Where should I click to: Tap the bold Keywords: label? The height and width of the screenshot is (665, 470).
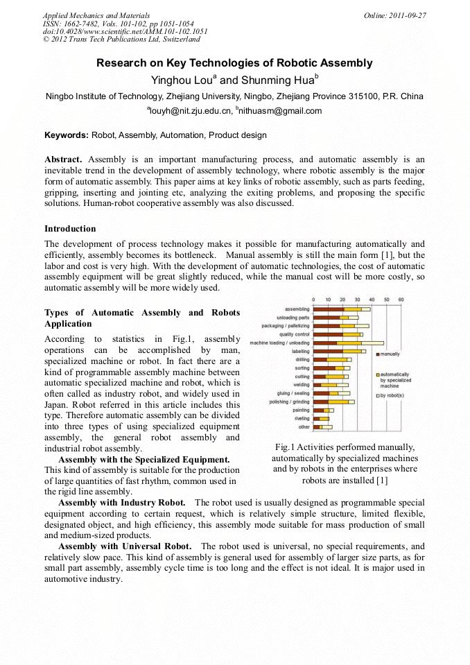[x=67, y=135]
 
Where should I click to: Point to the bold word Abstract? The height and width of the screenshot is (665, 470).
[x=63, y=159]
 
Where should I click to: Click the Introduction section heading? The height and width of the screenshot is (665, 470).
[x=70, y=228]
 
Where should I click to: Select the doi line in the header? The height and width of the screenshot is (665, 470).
[x=125, y=31]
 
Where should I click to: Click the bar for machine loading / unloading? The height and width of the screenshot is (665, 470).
[x=347, y=343]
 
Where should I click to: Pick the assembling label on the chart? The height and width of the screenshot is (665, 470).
[x=297, y=309]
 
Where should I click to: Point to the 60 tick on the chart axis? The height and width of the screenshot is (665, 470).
[x=401, y=300]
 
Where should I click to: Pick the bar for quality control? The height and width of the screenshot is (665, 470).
[x=338, y=334]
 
